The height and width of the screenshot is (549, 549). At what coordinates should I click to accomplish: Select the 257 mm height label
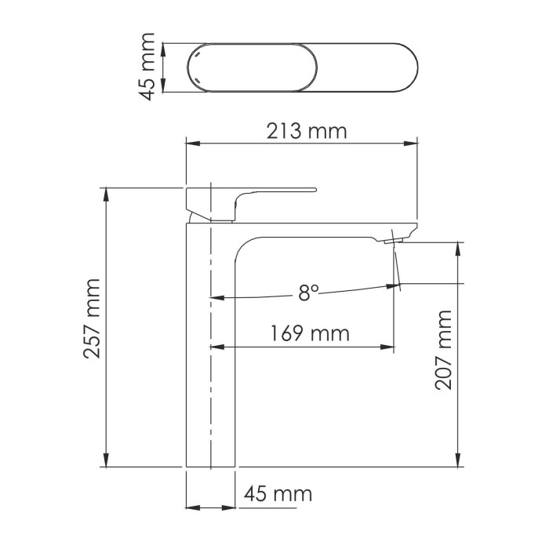[x=93, y=317]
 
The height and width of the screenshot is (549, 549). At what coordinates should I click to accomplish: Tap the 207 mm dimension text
[x=444, y=349]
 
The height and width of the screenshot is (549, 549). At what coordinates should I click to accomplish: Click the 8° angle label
[x=308, y=293]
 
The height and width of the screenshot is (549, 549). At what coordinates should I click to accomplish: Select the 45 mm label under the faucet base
[x=278, y=494]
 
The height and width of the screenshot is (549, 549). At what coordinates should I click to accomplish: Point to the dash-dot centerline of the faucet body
[x=212, y=353]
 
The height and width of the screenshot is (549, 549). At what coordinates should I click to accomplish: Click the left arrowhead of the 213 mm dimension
[x=191, y=144]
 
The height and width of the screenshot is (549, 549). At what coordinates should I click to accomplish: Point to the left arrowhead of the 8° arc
[x=218, y=298]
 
